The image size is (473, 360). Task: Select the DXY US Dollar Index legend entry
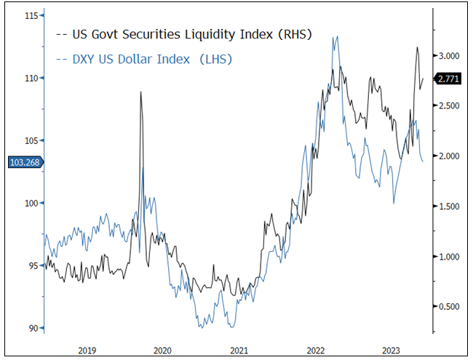(x=150, y=59)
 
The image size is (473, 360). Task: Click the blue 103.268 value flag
(x=24, y=162)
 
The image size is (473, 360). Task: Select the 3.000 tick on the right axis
(x=450, y=56)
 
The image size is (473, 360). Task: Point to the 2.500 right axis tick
(x=450, y=106)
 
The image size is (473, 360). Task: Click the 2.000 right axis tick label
(x=450, y=156)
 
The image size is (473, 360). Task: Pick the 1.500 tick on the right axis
(x=450, y=207)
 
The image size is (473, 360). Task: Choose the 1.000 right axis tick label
(x=450, y=257)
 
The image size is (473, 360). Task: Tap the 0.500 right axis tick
(x=450, y=307)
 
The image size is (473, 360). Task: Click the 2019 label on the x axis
(x=86, y=349)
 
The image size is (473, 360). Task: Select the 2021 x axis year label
(x=239, y=349)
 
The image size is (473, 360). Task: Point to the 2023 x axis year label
(x=391, y=349)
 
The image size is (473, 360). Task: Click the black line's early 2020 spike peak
(x=140, y=92)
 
